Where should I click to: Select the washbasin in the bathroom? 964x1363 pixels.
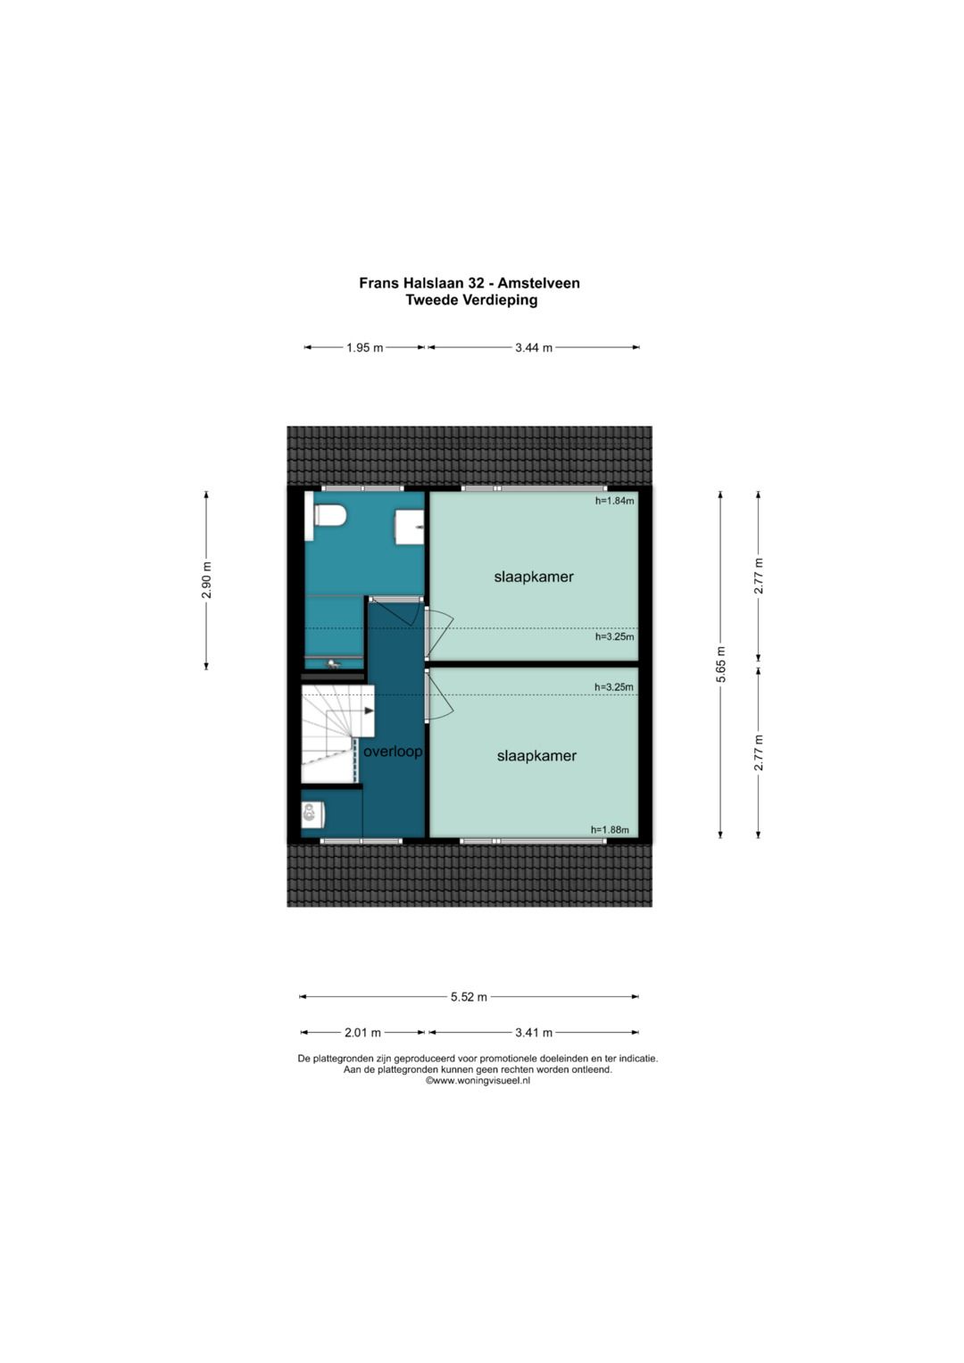pos(410,527)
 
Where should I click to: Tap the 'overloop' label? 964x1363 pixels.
pos(393,752)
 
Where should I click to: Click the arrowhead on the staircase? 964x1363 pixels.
pos(369,711)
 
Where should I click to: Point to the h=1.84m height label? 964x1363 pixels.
pos(615,501)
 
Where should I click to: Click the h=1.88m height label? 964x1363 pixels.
pos(611,829)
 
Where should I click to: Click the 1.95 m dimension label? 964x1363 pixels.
pos(364,348)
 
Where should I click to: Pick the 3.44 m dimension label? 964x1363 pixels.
pos(534,348)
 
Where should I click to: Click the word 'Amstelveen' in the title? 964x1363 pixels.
pos(541,283)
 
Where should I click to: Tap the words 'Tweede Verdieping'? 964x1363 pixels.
pos(471,300)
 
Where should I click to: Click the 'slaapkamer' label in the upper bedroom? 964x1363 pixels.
pos(534,577)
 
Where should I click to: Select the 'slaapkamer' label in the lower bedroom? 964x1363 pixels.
pos(536,756)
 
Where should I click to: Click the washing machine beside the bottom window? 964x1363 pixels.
pos(312,815)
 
